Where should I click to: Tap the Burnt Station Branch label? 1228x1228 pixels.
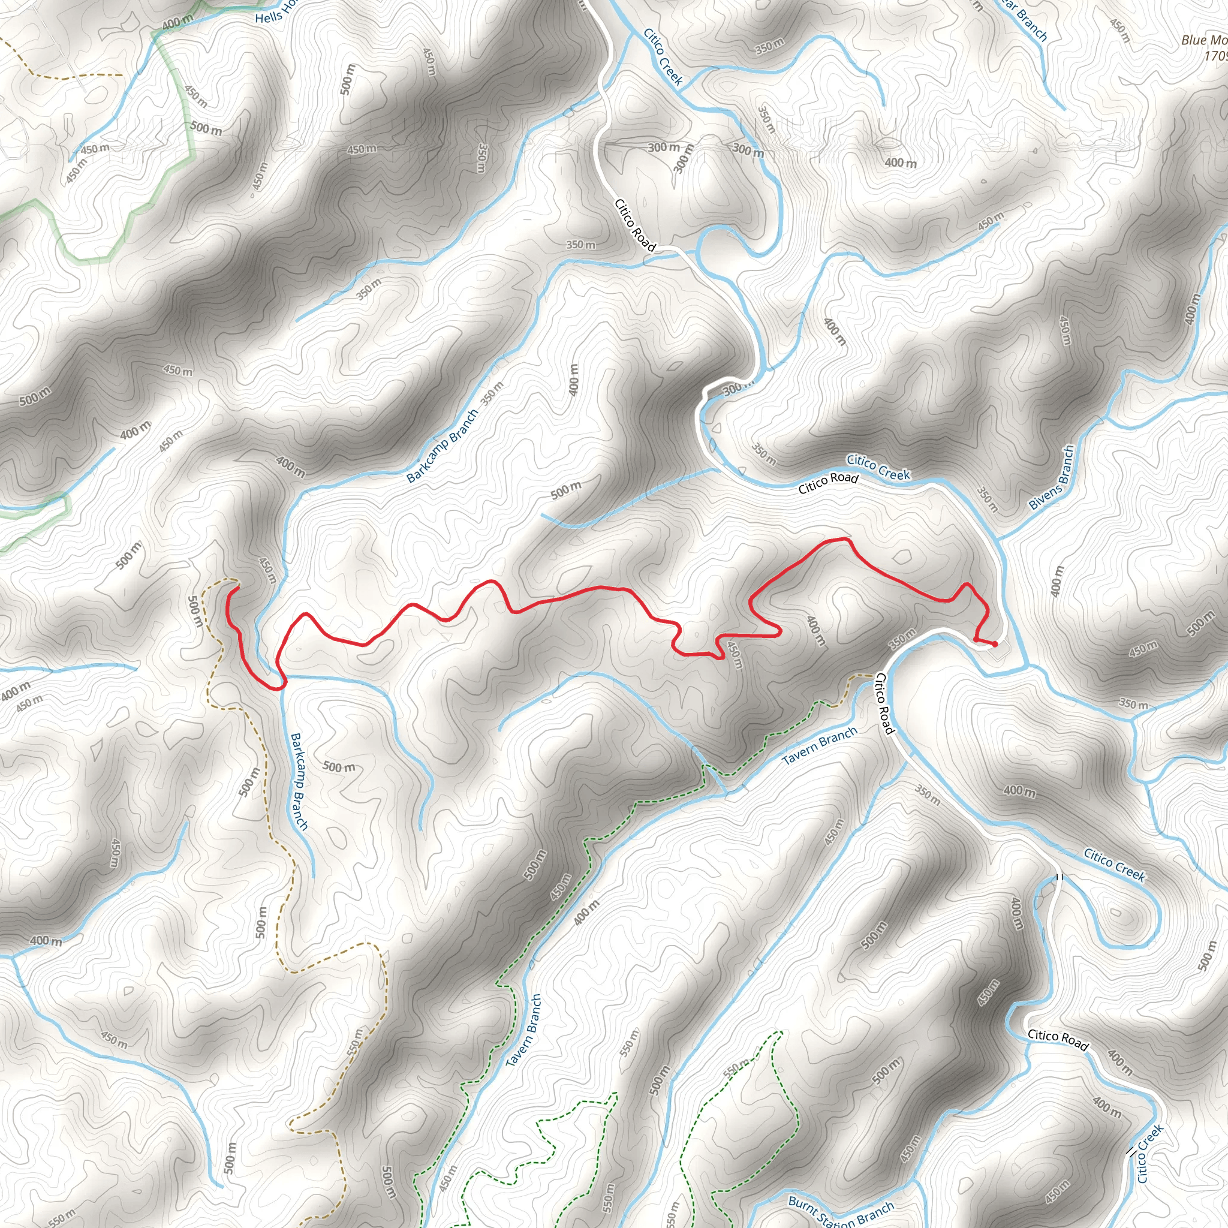click(x=841, y=1211)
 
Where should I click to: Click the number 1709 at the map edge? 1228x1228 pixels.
click(x=1215, y=56)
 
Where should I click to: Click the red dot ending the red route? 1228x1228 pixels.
click(x=994, y=644)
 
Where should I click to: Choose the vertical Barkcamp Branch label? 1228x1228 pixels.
click(x=299, y=781)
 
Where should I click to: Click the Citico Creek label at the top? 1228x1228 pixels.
click(x=663, y=56)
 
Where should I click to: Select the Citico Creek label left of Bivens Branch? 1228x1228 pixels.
click(x=878, y=467)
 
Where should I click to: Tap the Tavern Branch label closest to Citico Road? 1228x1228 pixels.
click(x=819, y=745)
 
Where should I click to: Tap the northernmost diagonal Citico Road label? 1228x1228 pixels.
click(x=634, y=225)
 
